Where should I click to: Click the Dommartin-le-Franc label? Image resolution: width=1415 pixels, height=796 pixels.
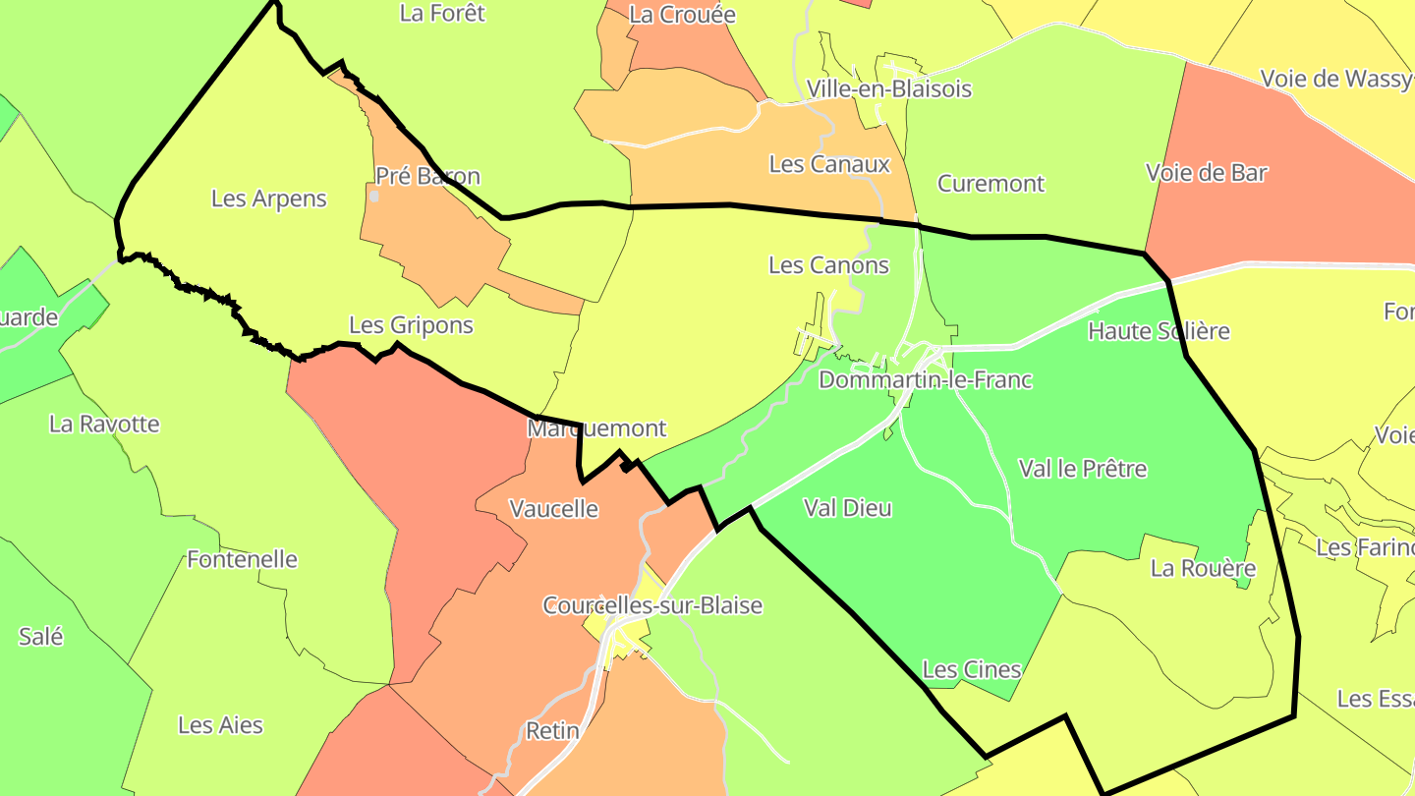tap(925, 379)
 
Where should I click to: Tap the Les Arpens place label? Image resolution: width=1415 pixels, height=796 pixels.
tap(268, 199)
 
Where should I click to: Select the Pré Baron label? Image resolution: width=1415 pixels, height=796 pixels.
tap(427, 177)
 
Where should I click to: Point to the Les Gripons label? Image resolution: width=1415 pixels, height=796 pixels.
tap(411, 325)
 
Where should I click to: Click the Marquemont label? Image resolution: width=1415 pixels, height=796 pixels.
tap(596, 428)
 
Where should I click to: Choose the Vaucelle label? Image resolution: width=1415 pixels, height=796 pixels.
tap(553, 508)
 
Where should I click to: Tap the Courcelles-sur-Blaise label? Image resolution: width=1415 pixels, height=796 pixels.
tap(652, 605)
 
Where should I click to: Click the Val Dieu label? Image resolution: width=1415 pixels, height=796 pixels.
tap(847, 508)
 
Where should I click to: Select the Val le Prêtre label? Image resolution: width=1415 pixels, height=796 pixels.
tap(1082, 469)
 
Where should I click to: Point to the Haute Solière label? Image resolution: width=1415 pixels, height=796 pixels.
tap(1159, 331)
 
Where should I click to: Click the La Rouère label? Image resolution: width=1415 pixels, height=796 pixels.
tap(1203, 569)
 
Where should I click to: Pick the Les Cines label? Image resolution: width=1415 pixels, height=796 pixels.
tap(972, 670)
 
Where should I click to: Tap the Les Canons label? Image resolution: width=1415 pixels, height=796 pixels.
tap(828, 265)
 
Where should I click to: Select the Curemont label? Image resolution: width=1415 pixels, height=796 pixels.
tap(990, 184)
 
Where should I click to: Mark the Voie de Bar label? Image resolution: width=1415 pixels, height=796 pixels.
tap(1206, 173)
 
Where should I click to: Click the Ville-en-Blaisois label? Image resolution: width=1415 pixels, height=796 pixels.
tap(888, 88)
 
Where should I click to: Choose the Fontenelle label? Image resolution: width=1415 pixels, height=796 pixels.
tap(242, 560)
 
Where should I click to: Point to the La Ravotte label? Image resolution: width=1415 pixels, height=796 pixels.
tap(104, 425)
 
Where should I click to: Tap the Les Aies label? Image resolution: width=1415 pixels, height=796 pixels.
tap(220, 725)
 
